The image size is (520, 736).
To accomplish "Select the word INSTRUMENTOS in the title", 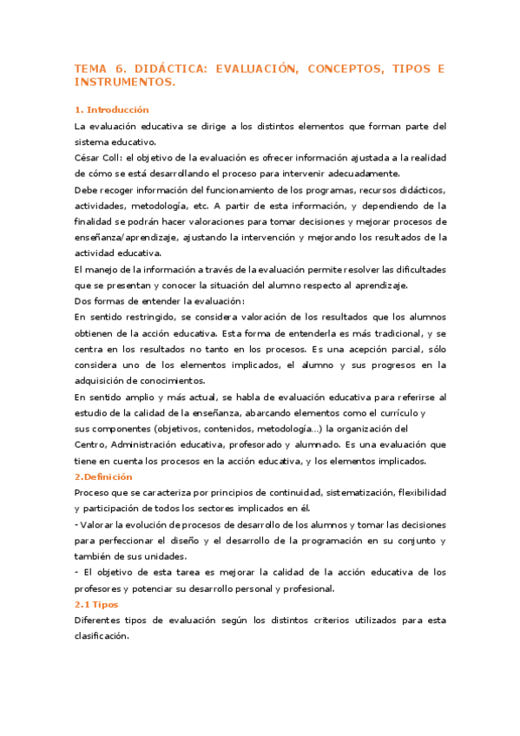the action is tap(125, 82).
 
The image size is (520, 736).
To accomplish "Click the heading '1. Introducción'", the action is tap(112, 110).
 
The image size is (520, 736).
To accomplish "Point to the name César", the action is tap(90, 158).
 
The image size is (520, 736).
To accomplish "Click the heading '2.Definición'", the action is tap(103, 477).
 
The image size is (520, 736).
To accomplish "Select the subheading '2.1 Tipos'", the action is tap(96, 604).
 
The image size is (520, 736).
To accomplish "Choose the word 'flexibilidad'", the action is tap(418, 493).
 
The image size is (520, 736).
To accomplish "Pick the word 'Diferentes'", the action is tap(102, 620).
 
